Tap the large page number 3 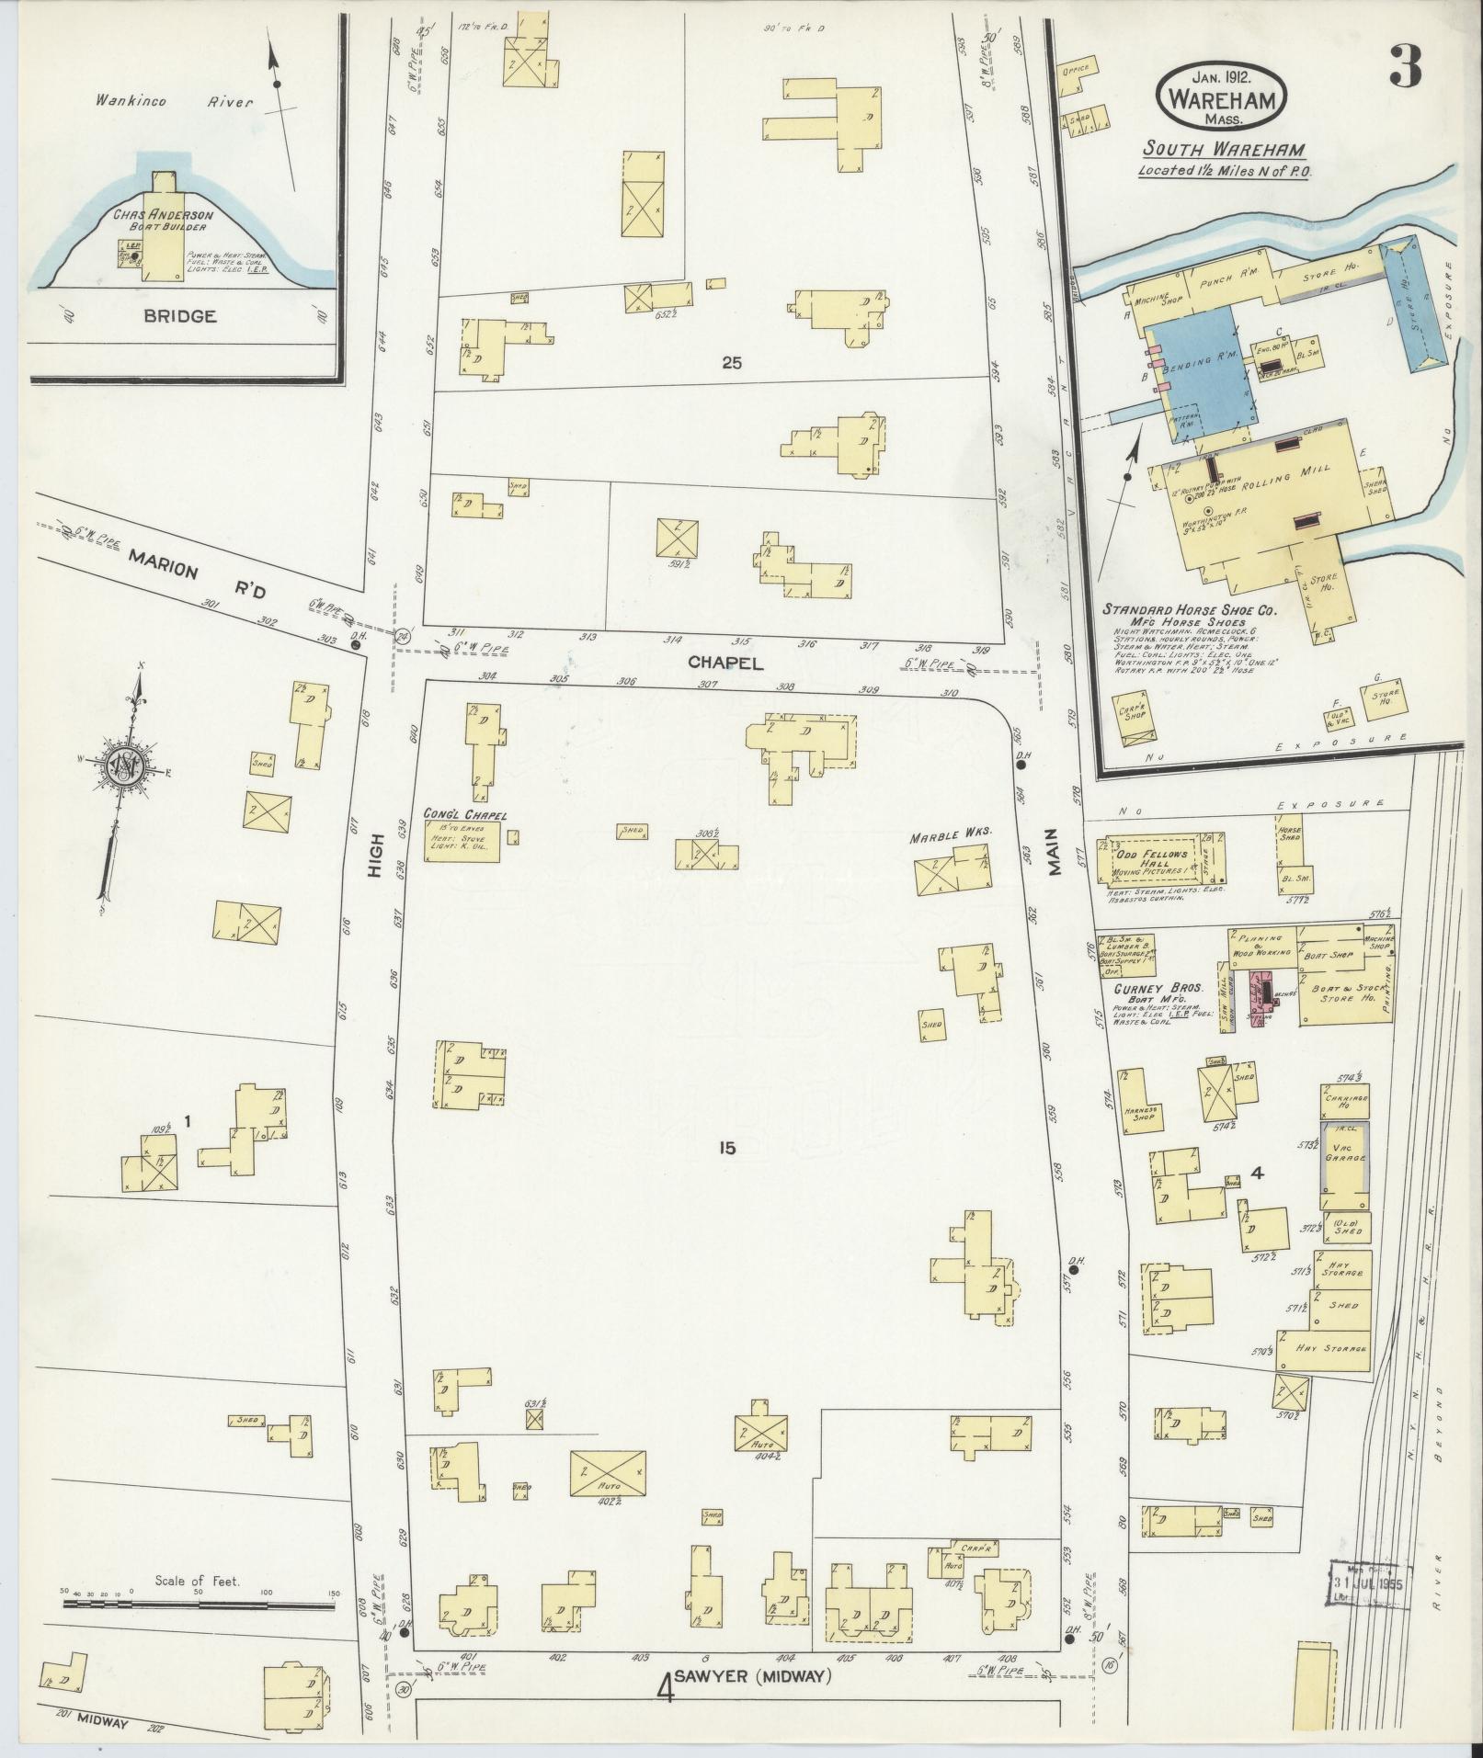coord(1405,66)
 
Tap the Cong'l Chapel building coord(462,841)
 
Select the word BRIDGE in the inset coord(179,316)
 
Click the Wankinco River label coord(174,102)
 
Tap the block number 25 coord(731,363)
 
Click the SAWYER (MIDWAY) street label coord(752,1676)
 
